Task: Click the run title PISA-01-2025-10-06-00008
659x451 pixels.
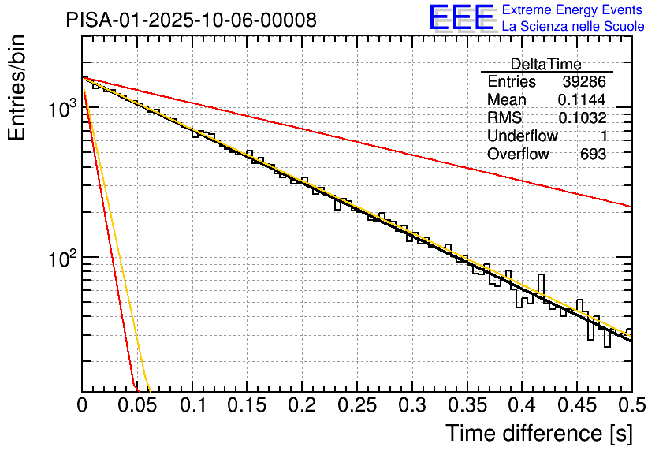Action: pyautogui.click(x=192, y=20)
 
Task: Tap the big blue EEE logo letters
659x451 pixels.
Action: pyautogui.click(x=461, y=17)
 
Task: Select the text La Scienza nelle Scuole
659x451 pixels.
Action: pyautogui.click(x=573, y=26)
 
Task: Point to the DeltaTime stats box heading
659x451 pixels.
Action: pyautogui.click(x=545, y=64)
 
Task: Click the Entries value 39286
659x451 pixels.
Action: pyautogui.click(x=584, y=82)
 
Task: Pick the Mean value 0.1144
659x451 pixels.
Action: pyautogui.click(x=582, y=100)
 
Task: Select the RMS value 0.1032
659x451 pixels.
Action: pyautogui.click(x=582, y=118)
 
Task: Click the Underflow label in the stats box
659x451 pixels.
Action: pyautogui.click(x=523, y=136)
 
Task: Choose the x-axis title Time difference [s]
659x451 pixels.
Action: pyautogui.click(x=538, y=433)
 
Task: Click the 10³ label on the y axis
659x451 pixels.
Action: pyautogui.click(x=60, y=110)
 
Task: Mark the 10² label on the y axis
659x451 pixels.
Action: pyautogui.click(x=60, y=258)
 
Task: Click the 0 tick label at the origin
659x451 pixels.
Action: pyautogui.click(x=83, y=405)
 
